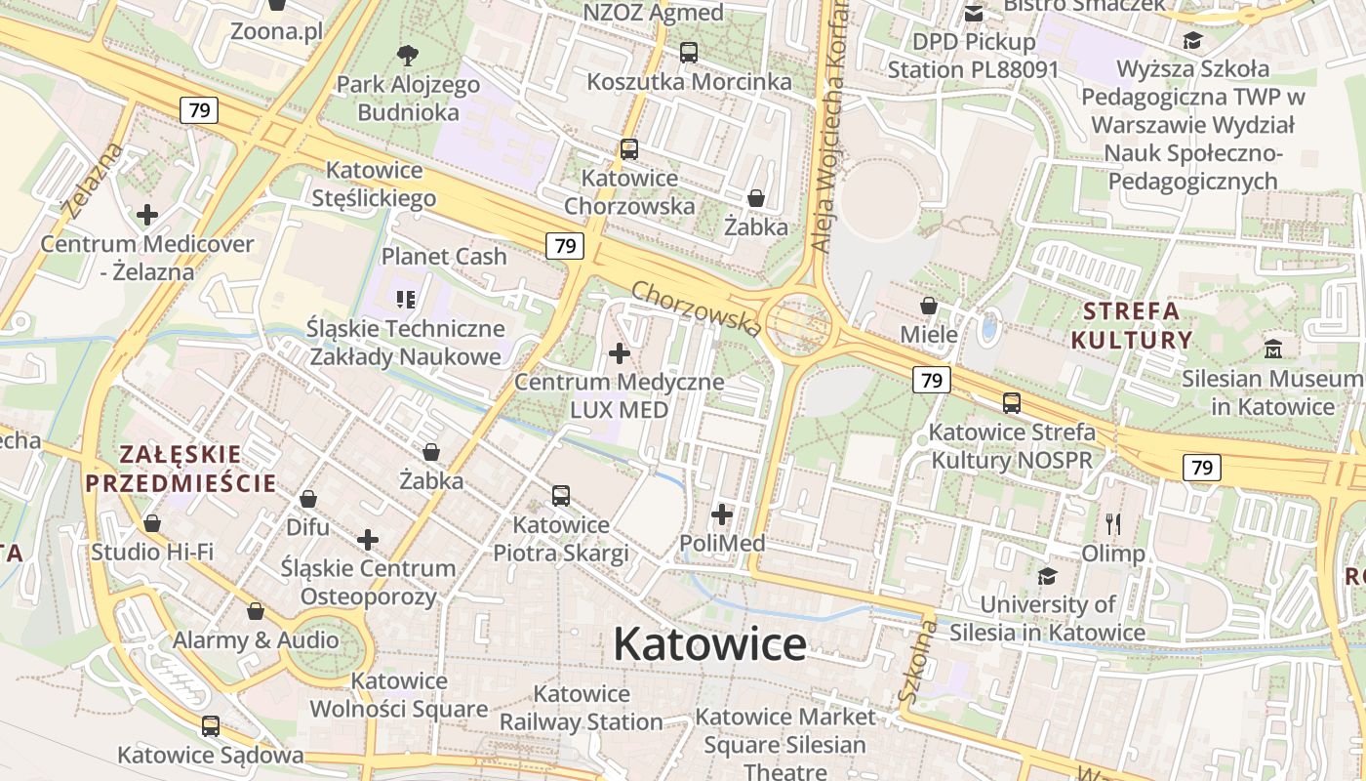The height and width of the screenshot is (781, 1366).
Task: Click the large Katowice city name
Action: point(709,644)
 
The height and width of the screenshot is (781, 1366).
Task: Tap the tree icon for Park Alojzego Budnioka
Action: point(408,55)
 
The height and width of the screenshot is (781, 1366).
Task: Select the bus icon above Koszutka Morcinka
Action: point(689,52)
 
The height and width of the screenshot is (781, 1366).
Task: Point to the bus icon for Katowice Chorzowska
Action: point(629,148)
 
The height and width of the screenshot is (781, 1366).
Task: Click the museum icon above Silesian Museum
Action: point(1273,349)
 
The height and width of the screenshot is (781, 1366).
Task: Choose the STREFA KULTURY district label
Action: point(1132,326)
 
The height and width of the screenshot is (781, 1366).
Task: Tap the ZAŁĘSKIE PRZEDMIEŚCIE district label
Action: point(180,469)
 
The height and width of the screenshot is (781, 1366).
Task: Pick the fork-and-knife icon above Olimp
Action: point(1113,524)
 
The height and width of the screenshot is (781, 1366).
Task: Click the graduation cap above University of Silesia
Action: point(1047,576)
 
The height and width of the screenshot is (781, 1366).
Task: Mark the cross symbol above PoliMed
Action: point(722,514)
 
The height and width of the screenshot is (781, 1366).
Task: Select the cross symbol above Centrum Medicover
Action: point(147,214)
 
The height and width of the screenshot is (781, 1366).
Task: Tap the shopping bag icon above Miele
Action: point(928,306)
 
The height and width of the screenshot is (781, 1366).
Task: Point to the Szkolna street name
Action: point(916,663)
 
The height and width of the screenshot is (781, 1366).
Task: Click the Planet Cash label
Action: point(444,257)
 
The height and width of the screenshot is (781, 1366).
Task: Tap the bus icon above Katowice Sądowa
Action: point(210,726)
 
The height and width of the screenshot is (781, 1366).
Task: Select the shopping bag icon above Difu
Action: point(308,499)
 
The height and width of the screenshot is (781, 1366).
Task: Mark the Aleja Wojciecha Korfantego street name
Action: point(828,127)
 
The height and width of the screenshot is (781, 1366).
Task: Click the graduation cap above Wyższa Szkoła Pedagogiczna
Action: point(1192,40)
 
